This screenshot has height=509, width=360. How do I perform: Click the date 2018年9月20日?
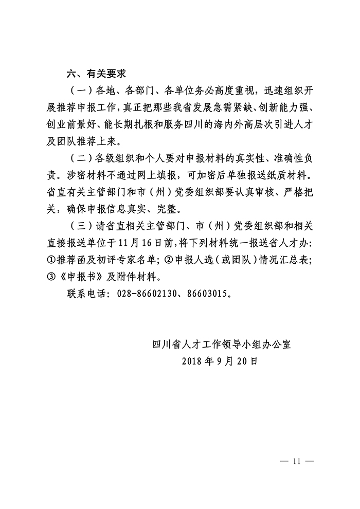pyautogui.click(x=219, y=360)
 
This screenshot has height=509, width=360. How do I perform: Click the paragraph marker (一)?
pyautogui.click(x=81, y=91)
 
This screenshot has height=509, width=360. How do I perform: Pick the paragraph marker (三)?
pyautogui.click(x=81, y=225)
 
